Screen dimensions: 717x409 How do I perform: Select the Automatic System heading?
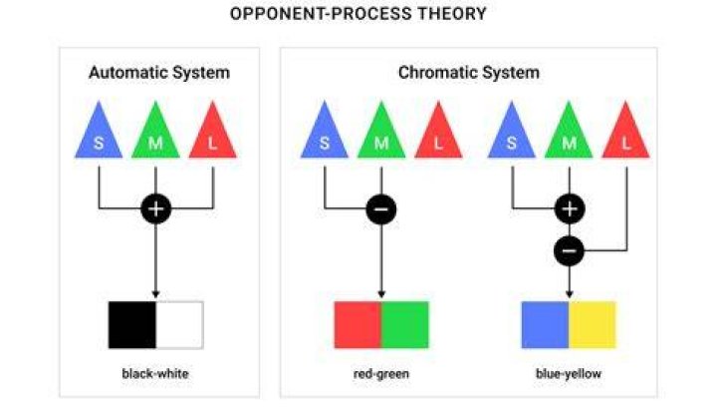click(x=159, y=73)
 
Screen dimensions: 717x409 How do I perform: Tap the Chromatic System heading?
click(x=469, y=73)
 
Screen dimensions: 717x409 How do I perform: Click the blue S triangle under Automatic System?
click(x=99, y=130)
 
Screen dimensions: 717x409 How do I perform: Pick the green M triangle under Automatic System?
click(x=155, y=130)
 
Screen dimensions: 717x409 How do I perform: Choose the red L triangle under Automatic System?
click(x=213, y=130)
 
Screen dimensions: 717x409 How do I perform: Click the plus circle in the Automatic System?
click(x=156, y=208)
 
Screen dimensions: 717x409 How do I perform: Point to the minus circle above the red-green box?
click(x=381, y=208)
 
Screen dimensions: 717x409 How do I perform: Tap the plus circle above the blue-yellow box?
click(x=570, y=208)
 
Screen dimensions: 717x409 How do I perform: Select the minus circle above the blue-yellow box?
click(x=569, y=251)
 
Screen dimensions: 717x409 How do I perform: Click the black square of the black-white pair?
click(x=132, y=325)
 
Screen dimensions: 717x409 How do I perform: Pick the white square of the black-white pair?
click(x=179, y=325)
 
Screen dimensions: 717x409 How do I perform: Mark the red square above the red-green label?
click(x=358, y=325)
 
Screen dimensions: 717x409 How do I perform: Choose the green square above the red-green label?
click(x=405, y=325)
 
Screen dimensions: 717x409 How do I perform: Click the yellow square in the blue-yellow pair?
click(x=593, y=325)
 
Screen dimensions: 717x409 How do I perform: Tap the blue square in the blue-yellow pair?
click(x=545, y=325)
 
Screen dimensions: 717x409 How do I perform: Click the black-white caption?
click(x=155, y=374)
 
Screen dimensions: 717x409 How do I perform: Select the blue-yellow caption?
click(x=569, y=374)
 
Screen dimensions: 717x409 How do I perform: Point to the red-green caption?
click(x=381, y=374)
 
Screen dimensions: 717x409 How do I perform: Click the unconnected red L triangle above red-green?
click(x=438, y=130)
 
